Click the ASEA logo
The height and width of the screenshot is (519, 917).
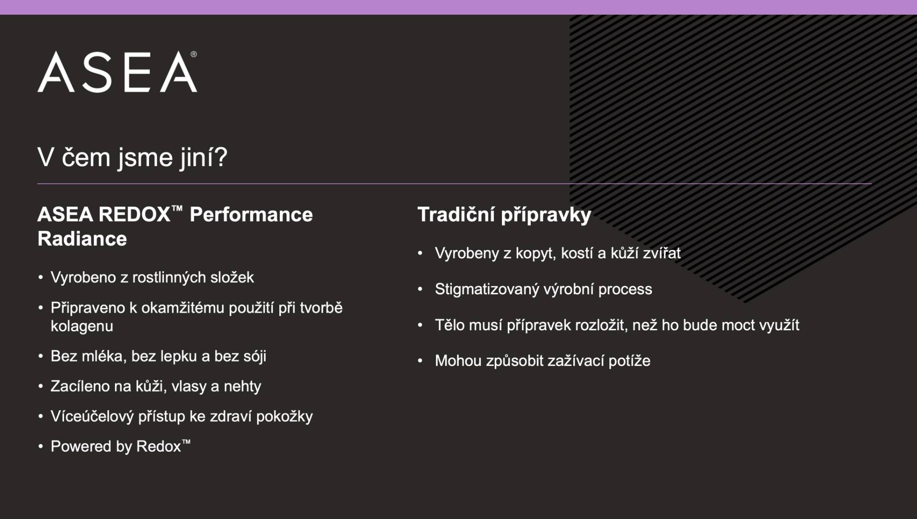(x=117, y=72)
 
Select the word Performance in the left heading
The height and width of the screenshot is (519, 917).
(x=251, y=215)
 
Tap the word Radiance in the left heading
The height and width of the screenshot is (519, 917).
(x=82, y=238)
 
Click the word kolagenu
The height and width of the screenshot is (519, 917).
(x=82, y=326)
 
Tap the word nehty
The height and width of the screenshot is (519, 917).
(x=242, y=386)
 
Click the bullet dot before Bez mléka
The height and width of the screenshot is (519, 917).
(x=41, y=357)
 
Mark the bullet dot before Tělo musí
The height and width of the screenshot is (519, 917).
(x=420, y=325)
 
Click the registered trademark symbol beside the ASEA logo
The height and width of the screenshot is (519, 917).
(x=193, y=54)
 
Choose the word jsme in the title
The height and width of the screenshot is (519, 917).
(x=145, y=158)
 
